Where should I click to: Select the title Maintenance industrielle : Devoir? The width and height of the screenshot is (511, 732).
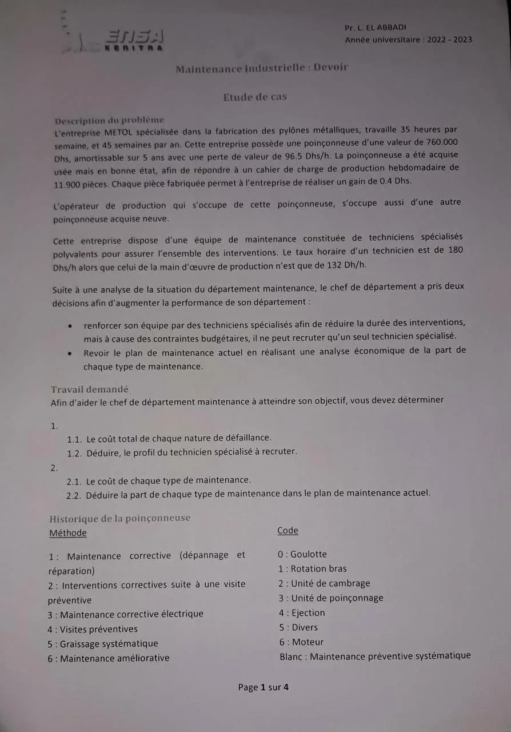point(262,68)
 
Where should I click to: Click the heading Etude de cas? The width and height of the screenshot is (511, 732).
point(255,97)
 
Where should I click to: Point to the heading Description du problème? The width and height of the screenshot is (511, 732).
point(109,120)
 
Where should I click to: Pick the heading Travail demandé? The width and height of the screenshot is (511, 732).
point(90,389)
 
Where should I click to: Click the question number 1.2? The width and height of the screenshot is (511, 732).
point(75,452)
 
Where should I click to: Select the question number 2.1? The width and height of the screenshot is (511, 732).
point(75,480)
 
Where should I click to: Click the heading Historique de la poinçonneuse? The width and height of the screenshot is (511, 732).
point(120,518)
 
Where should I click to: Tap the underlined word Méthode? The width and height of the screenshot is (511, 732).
point(68,533)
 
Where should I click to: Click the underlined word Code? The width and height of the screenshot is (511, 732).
point(288,531)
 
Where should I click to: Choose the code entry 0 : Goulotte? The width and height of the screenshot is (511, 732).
point(302,554)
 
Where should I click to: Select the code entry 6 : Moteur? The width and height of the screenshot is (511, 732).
point(301,642)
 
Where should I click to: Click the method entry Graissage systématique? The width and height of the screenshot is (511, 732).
point(103,644)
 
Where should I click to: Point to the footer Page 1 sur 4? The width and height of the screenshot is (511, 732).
point(263,687)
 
